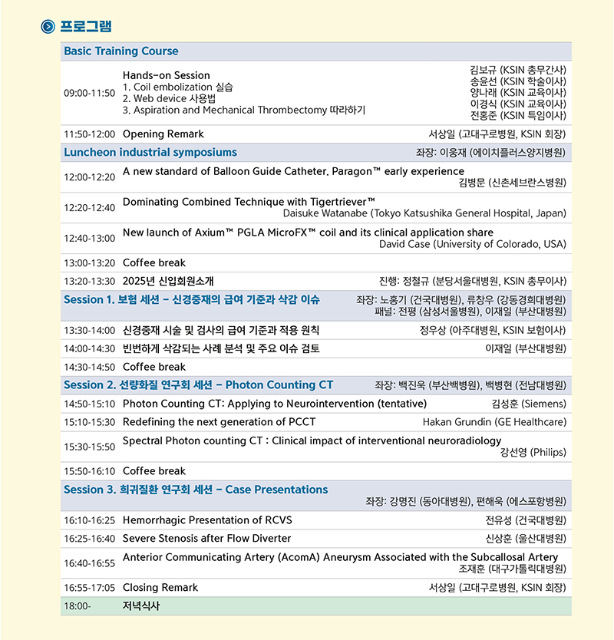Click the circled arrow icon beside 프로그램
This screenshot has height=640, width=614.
(48, 27)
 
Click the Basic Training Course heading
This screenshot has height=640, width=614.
(120, 51)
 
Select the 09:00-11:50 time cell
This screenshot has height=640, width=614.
(89, 93)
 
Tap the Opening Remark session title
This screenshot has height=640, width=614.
(163, 134)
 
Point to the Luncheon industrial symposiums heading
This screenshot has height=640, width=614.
(150, 152)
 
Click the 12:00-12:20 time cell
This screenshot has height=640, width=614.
(89, 177)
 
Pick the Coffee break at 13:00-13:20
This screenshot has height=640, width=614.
(154, 263)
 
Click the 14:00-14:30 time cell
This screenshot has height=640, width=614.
(89, 348)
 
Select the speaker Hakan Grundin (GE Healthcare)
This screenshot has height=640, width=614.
(494, 422)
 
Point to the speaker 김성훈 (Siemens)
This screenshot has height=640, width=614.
(528, 404)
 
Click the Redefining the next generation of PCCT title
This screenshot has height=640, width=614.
(219, 422)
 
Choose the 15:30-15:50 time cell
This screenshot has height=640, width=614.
(89, 447)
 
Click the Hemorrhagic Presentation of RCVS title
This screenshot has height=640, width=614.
(207, 520)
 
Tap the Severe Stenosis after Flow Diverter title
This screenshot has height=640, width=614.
(206, 539)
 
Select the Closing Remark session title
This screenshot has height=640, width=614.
(160, 588)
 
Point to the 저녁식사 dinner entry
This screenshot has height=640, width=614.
(142, 606)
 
